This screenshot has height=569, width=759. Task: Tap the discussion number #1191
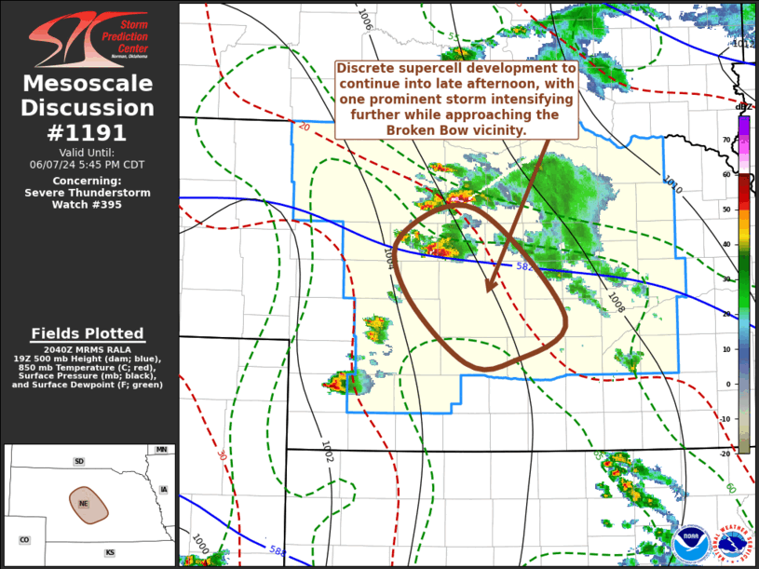click(x=88, y=132)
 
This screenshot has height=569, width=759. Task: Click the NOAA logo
click(x=690, y=543)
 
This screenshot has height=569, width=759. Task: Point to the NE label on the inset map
click(x=83, y=503)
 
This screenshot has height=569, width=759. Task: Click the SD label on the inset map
click(x=79, y=462)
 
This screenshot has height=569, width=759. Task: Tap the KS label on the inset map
click(x=110, y=553)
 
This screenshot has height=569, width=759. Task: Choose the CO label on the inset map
click(x=24, y=540)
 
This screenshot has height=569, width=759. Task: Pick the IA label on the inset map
click(x=164, y=490)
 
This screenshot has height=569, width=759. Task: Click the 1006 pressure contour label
click(x=365, y=23)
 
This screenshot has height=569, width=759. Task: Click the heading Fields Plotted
click(x=88, y=333)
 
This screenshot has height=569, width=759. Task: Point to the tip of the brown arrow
click(x=486, y=291)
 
